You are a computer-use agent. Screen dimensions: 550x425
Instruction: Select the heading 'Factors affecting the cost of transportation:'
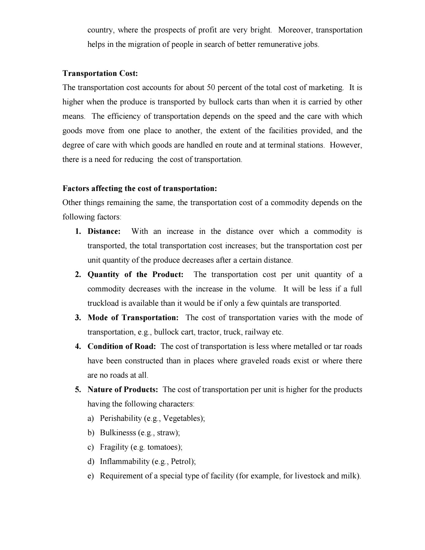click(140, 189)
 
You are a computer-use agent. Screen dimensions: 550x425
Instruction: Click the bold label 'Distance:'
click(104, 231)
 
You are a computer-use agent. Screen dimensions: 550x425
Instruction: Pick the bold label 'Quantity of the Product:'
click(136, 275)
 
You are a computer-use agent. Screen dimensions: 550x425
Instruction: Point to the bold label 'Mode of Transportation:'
click(133, 318)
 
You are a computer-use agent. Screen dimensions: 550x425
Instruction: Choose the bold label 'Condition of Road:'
click(122, 346)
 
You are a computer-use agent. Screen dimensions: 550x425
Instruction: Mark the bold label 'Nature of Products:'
click(123, 390)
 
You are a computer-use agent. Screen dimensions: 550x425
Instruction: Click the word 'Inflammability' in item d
click(125, 462)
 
